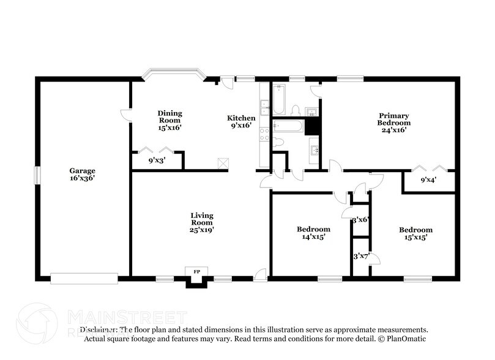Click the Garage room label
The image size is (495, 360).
click(81, 174)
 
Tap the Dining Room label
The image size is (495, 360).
click(169, 120)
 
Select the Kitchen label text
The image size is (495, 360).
click(241, 122)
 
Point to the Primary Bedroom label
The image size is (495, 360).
click(393, 122)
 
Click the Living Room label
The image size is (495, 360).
click(201, 222)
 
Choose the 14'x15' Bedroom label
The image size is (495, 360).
click(313, 233)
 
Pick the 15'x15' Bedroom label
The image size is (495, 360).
click(415, 233)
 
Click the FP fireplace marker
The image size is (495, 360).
click(197, 271)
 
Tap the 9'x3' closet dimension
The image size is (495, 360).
click(158, 161)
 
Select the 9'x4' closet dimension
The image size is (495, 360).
click(429, 181)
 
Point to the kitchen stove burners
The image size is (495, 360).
click(265, 134)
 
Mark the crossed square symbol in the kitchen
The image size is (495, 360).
click(223, 163)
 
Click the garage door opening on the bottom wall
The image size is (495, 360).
click(84, 279)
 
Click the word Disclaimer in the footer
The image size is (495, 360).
click(99, 329)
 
